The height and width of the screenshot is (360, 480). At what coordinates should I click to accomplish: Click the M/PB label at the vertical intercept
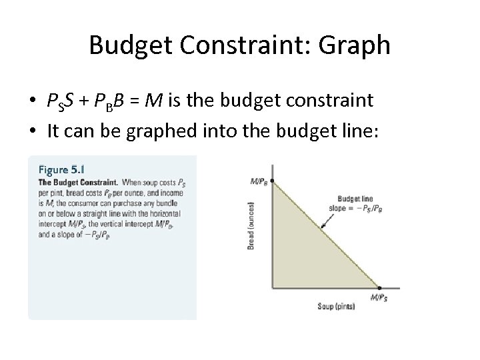(259, 181)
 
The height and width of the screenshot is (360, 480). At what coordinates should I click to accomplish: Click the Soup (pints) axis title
(337, 306)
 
